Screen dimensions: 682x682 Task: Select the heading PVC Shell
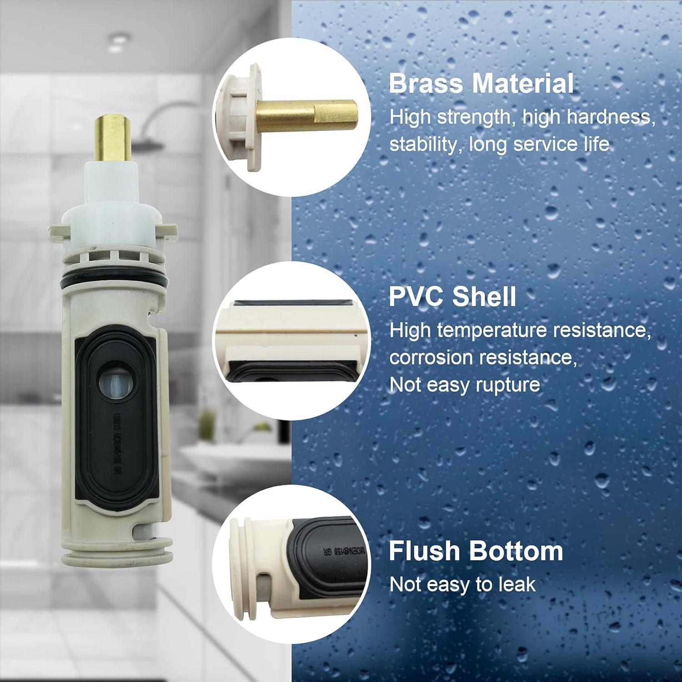coord(452,296)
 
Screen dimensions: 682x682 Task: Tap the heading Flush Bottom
coord(476,551)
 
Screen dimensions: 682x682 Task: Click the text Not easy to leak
coord(462,584)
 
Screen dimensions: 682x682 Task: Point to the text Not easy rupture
coord(464,385)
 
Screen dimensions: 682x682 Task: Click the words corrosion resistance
coord(483,357)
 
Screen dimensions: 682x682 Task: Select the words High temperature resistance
coord(520,330)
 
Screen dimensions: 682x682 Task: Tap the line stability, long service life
coord(499,145)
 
